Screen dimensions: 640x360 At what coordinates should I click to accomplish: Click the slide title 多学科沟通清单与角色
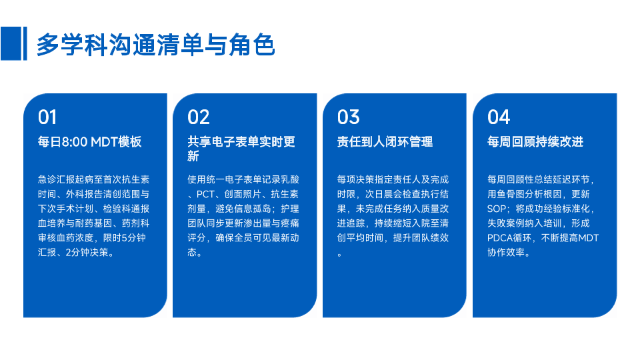click(x=155, y=45)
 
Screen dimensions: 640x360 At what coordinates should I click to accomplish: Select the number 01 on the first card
click(x=47, y=117)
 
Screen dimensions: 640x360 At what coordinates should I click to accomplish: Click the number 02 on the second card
click(x=199, y=117)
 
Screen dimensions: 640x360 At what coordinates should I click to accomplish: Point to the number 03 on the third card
click(x=348, y=117)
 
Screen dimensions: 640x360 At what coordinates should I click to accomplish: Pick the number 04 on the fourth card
click(x=499, y=117)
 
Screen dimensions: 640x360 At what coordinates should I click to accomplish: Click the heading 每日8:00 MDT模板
click(x=90, y=141)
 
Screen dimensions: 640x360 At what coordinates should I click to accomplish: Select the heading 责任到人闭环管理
click(x=385, y=141)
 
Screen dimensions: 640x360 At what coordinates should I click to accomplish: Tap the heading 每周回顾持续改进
click(x=535, y=141)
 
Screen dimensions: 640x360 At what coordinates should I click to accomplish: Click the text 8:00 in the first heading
click(x=75, y=141)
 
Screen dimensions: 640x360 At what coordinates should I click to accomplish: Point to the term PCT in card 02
click(x=205, y=194)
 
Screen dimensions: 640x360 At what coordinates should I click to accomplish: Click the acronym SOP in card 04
click(x=496, y=209)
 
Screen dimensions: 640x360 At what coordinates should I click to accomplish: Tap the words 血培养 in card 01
click(x=52, y=223)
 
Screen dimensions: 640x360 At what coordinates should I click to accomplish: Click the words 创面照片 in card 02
click(x=243, y=194)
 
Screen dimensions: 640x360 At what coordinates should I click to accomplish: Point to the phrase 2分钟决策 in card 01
click(x=87, y=253)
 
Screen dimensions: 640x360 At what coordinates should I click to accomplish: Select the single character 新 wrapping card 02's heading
click(x=193, y=156)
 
